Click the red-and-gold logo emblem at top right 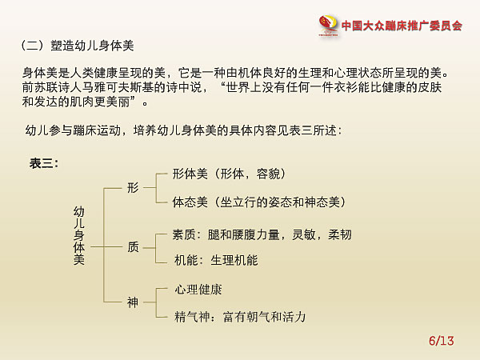(x=329, y=26)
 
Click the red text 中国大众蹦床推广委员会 (x=402, y=26)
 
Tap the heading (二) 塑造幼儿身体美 (x=78, y=46)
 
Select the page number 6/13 (x=441, y=341)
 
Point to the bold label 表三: (x=44, y=163)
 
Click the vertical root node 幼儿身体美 (x=79, y=235)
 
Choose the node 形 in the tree (x=133, y=188)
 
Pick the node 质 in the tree (x=133, y=247)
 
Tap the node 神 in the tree (x=133, y=302)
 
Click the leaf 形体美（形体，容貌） (x=230, y=174)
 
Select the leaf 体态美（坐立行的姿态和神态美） (x=259, y=202)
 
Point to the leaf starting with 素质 (x=262, y=234)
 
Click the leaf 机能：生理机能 (x=216, y=261)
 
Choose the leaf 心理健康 (x=198, y=290)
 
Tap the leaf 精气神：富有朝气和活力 (x=240, y=317)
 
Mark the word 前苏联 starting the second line (x=40, y=87)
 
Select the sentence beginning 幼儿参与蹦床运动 (x=183, y=130)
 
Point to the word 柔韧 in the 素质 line (x=340, y=234)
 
